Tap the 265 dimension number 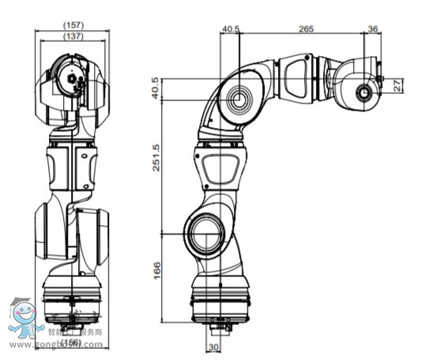pyautogui.click(x=306, y=29)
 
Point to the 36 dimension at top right pyautogui.click(x=373, y=29)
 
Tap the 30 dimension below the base pyautogui.click(x=212, y=347)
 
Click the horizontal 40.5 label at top pyautogui.click(x=231, y=29)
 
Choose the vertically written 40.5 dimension pyautogui.click(x=156, y=89)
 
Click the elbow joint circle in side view pyautogui.click(x=239, y=99)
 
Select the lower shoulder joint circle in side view pyautogui.click(x=203, y=234)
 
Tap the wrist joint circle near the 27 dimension pyautogui.click(x=365, y=93)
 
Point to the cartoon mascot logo pyautogui.click(x=25, y=319)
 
